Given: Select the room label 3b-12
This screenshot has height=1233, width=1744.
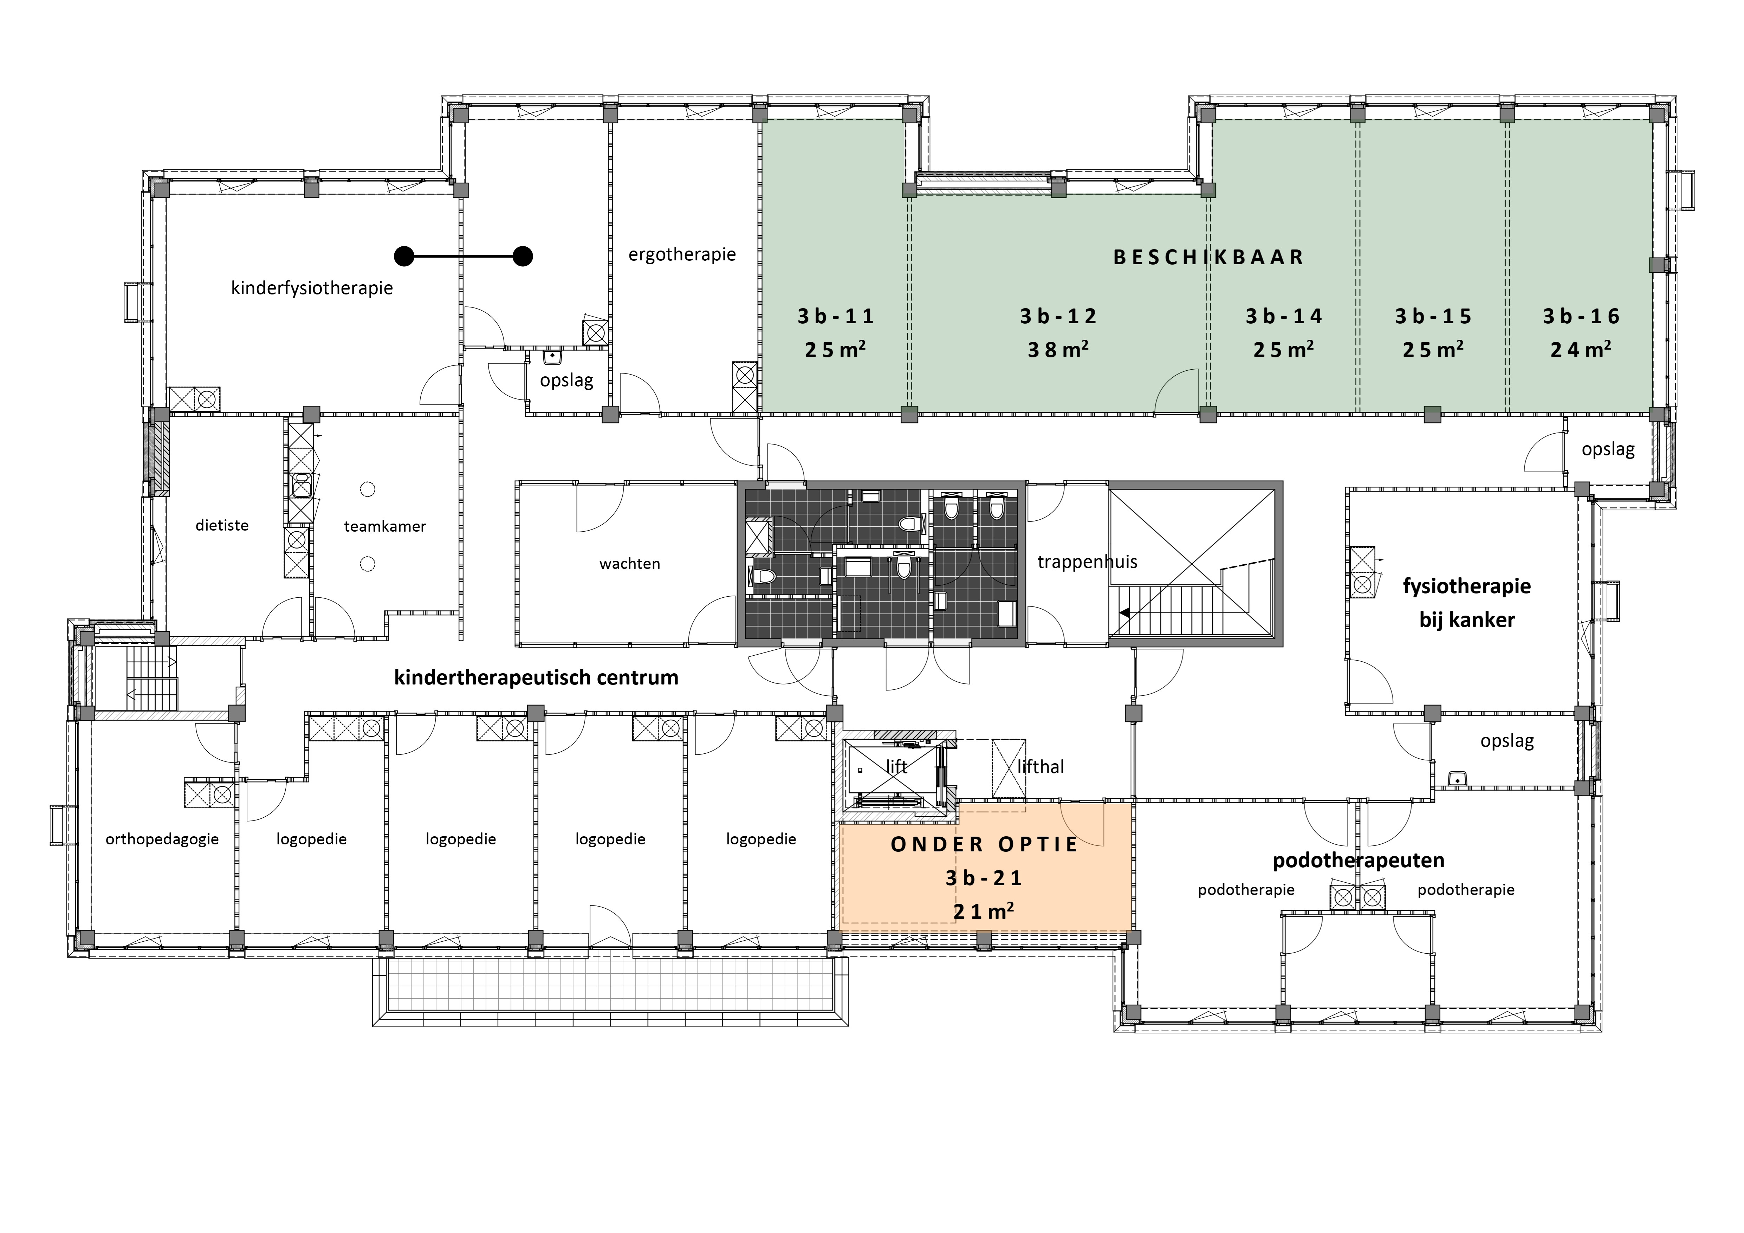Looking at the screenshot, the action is pos(1058,316).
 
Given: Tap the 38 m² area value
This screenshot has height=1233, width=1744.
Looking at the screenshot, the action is pos(1058,350).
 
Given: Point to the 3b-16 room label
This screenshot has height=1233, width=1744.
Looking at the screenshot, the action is pos(1581,316).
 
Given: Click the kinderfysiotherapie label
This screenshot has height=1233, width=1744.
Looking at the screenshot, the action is pos(312,288).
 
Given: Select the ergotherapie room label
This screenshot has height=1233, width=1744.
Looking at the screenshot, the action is pos(682,254).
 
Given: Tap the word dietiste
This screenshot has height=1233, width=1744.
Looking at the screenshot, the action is pos(222,525).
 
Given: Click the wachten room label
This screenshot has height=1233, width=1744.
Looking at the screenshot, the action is pos(630,564).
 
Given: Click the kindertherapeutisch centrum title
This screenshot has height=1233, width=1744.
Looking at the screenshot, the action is pos(536,678).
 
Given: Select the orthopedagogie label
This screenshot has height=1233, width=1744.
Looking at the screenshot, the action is pos(162,839).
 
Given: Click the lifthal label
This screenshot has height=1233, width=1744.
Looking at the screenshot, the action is pos(1040,767).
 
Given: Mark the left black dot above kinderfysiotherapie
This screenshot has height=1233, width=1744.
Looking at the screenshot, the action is pos(404,257).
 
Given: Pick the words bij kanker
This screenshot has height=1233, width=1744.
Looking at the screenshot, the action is pos(1467,620).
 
